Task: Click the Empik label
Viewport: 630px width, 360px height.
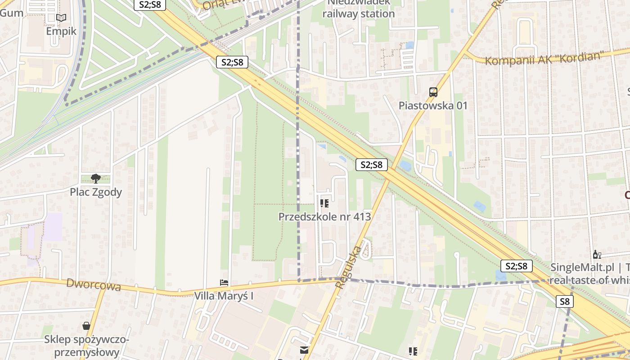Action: click(61, 31)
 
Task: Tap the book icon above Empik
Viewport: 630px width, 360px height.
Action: click(61, 18)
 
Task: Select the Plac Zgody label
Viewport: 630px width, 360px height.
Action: click(96, 192)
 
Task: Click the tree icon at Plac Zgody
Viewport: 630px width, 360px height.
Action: click(95, 179)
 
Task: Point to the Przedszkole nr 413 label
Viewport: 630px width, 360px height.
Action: click(324, 216)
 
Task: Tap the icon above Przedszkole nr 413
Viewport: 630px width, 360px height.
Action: click(324, 203)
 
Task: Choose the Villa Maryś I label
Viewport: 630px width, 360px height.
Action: click(224, 296)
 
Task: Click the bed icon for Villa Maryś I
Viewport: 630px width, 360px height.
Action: click(224, 283)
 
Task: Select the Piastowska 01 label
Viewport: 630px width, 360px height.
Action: click(433, 106)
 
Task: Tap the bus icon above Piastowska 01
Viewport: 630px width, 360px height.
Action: click(433, 92)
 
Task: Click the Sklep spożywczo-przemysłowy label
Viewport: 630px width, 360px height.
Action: click(86, 346)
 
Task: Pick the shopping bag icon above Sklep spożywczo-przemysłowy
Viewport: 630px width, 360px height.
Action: click(86, 325)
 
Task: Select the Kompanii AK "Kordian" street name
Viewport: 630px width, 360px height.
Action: click(544, 58)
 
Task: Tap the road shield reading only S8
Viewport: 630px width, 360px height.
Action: click(565, 301)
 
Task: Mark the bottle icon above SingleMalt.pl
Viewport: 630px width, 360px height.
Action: click(597, 255)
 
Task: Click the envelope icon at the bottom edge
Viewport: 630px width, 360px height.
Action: click(305, 350)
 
